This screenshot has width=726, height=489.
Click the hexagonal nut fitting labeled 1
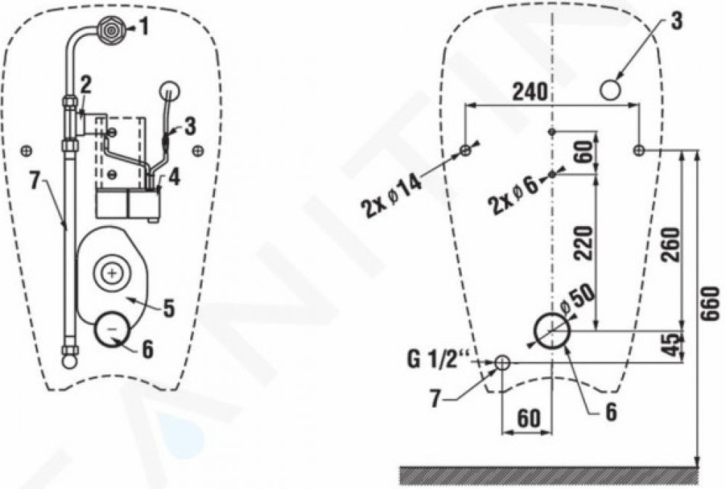110,29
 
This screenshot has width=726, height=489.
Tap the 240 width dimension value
530,92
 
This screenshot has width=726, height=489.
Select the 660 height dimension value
710,303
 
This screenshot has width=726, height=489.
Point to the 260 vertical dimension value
671,244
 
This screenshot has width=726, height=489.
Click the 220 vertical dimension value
583,243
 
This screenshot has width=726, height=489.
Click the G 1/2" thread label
439,360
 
